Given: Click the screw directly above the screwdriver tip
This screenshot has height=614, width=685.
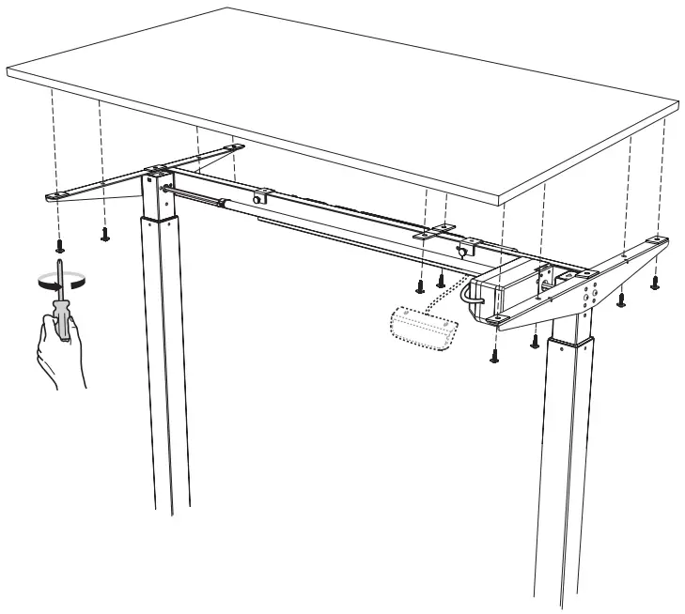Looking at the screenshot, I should click(60, 245).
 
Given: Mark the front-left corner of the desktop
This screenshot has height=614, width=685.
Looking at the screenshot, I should click(9, 69).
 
